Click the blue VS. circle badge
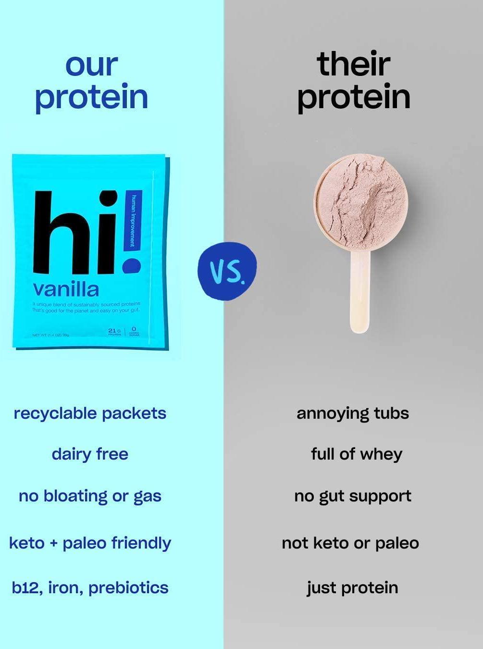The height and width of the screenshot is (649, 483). pyautogui.click(x=227, y=271)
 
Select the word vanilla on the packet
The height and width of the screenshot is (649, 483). pyautogui.click(x=66, y=289)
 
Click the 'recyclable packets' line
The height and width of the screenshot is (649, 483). pyautogui.click(x=90, y=413)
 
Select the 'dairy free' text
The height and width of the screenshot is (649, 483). pyautogui.click(x=90, y=454)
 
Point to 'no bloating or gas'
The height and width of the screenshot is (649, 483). pyautogui.click(x=90, y=496)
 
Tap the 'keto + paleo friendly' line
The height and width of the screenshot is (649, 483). pyautogui.click(x=90, y=543)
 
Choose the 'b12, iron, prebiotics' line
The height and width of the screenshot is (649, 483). pyautogui.click(x=90, y=588)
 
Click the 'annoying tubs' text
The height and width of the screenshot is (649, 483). pyautogui.click(x=353, y=413)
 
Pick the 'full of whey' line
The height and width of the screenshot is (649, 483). pyautogui.click(x=356, y=454)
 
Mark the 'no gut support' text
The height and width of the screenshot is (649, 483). pyautogui.click(x=353, y=496)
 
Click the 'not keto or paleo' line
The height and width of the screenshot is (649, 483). pyautogui.click(x=350, y=543)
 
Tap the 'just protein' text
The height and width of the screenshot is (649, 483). pyautogui.click(x=353, y=588)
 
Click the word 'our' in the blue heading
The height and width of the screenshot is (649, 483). pyautogui.click(x=91, y=66)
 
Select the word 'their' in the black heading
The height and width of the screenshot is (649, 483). pyautogui.click(x=353, y=64)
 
